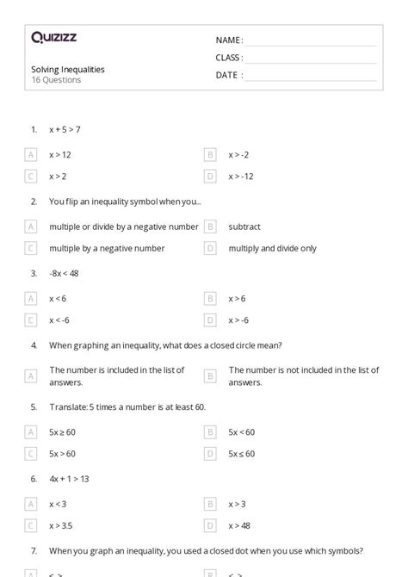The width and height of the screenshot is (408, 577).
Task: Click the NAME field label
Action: point(229,40)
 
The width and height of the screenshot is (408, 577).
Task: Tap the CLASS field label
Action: point(229,58)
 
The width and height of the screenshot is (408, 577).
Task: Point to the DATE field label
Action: point(228,75)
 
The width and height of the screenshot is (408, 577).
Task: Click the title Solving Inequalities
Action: point(68,69)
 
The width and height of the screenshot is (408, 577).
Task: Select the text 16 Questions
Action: point(56,80)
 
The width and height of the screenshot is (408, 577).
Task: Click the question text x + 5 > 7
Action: point(65,129)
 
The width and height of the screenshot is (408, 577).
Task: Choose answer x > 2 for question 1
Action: point(58,176)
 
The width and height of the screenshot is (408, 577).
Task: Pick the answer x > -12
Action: point(241,176)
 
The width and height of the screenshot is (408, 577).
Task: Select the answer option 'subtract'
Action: point(244,226)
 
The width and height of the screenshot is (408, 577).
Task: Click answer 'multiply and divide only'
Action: point(272,248)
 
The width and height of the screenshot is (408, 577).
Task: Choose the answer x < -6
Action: point(59,320)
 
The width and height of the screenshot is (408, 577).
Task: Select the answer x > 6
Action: point(237,299)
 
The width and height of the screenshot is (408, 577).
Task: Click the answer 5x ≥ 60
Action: point(62,431)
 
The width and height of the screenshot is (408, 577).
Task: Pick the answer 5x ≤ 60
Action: point(241,453)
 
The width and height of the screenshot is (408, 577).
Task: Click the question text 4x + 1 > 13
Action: point(70,478)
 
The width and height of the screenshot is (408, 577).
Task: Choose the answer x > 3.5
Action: point(61,525)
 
